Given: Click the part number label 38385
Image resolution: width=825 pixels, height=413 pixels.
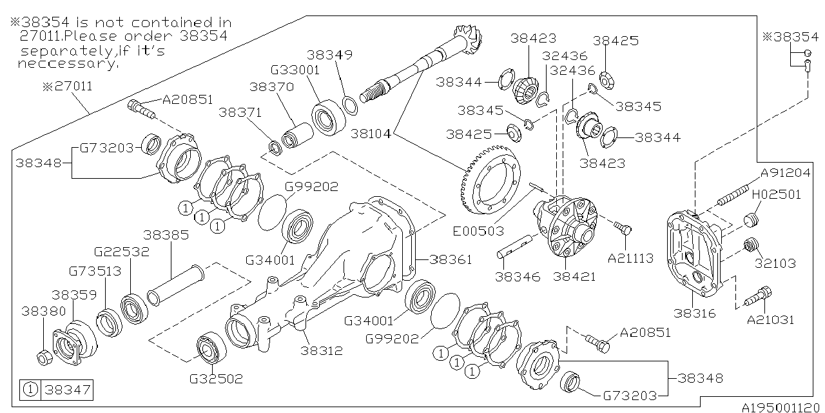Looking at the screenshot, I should coord(166,235).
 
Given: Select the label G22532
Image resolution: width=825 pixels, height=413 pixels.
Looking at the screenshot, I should coord(122,252).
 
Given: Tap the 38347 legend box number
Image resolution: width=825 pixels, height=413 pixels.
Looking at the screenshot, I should coord(66,390).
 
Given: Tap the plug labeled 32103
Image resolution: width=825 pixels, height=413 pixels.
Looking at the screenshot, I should coord(750,246).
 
